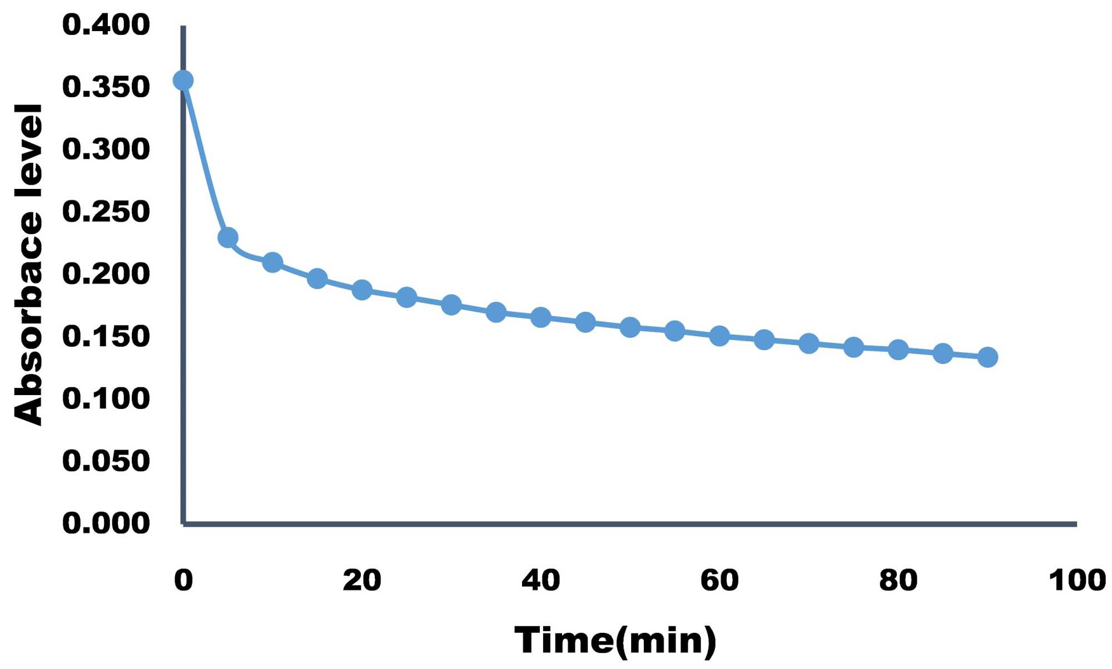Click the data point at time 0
(183, 81)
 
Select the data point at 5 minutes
(228, 238)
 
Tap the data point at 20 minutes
(362, 289)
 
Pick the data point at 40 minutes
(540, 317)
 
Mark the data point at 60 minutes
(719, 336)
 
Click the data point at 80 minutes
(898, 350)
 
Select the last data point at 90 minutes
(987, 357)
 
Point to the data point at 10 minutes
(272, 262)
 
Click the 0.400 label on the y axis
(106, 25)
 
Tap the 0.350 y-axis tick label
(106, 87)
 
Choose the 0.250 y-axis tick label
(106, 212)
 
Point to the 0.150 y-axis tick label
(106, 336)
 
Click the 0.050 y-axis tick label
(106, 461)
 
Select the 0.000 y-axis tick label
(106, 523)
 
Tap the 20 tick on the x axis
(362, 580)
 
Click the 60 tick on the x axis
(719, 580)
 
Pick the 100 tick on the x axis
(1077, 580)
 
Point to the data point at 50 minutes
(630, 327)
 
